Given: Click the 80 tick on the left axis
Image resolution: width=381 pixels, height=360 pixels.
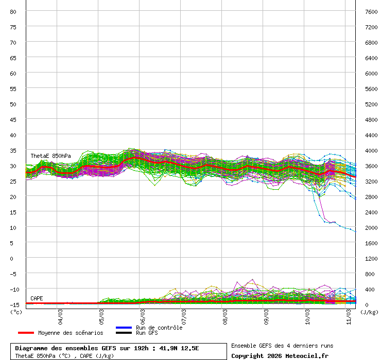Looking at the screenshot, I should click(13, 11).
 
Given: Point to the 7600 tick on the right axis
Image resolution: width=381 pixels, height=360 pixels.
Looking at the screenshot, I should click(371, 11).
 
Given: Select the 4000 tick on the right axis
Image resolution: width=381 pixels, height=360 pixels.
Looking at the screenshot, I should click(371, 150).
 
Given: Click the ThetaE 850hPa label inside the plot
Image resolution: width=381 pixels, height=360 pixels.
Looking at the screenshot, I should click(50, 156).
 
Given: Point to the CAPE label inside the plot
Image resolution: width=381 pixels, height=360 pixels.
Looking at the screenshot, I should click(37, 298).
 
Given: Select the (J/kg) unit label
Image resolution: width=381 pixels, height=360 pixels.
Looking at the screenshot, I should click(369, 312).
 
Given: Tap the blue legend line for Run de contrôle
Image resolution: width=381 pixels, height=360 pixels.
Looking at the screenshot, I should click(124, 328).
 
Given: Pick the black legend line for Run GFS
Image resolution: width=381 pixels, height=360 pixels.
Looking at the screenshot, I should click(124, 333).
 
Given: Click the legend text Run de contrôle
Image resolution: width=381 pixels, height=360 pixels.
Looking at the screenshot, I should click(159, 328).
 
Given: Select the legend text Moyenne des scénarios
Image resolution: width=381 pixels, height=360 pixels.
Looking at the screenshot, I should click(71, 333).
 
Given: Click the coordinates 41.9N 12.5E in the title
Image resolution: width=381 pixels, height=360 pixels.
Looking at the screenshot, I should click(179, 348).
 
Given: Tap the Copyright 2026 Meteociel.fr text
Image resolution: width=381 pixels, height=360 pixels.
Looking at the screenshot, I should click(280, 355).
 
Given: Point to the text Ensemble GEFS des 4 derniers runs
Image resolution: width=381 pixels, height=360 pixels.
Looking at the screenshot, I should click(282, 346).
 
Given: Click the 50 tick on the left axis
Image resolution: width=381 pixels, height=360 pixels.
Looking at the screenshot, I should click(13, 104).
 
